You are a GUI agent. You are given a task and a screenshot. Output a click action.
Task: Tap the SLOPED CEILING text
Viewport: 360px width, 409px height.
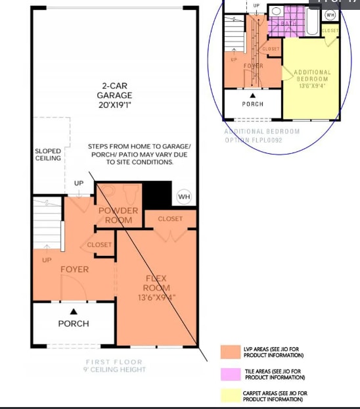point(48,155)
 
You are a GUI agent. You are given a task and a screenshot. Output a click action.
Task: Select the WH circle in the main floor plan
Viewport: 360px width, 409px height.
point(184,197)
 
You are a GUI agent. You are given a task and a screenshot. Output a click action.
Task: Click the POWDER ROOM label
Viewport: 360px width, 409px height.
point(118,216)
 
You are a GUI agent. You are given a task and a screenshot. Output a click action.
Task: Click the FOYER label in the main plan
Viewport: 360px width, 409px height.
point(74,270)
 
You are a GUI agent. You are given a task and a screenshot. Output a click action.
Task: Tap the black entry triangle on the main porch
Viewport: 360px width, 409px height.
point(74,311)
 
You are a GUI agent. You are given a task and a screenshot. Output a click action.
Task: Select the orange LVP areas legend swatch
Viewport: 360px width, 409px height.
point(231,352)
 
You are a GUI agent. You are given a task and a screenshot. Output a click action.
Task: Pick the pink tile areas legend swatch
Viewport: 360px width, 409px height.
point(231,373)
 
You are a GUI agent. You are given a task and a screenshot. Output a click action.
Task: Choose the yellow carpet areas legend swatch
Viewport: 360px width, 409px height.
point(231,396)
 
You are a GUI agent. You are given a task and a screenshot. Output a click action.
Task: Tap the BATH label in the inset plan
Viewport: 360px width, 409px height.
point(289,24)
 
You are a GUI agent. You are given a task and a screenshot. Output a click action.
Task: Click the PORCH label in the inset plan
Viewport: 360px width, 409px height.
point(252,104)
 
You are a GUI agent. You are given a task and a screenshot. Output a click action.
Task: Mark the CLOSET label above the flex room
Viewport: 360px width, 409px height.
point(170,218)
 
